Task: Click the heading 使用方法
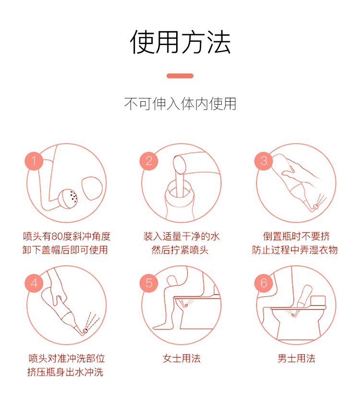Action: click(180, 42)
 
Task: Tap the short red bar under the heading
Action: click(180, 76)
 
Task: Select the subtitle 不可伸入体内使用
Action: click(180, 104)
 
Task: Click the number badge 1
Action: click(34, 161)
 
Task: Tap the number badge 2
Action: click(149, 161)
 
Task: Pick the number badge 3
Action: click(264, 161)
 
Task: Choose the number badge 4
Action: click(34, 283)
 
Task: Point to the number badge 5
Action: click(149, 283)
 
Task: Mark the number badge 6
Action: click(264, 283)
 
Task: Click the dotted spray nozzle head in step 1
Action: click(68, 199)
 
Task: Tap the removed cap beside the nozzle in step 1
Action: click(92, 188)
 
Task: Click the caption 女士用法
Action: click(181, 359)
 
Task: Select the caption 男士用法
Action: click(296, 359)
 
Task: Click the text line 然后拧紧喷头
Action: click(180, 250)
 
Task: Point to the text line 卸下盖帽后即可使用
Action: click(65, 250)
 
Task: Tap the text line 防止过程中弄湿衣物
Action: click(295, 250)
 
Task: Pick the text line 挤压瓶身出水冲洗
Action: click(65, 372)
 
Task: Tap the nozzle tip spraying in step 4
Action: click(85, 331)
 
